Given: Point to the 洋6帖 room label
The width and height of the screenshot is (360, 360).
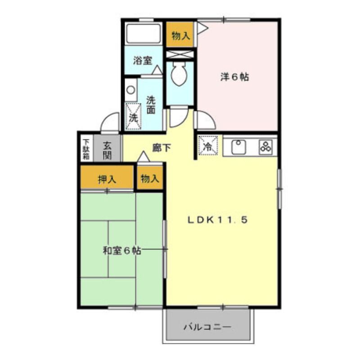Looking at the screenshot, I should [234, 77].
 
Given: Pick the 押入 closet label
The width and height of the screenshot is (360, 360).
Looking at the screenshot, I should [107, 179].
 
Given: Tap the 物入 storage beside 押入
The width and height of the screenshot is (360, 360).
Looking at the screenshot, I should [150, 179].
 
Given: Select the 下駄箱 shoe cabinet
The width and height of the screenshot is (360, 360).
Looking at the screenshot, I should [86, 149].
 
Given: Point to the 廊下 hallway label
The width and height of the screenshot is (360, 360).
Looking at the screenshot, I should [161, 147].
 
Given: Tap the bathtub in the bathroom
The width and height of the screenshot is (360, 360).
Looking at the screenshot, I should [144, 33].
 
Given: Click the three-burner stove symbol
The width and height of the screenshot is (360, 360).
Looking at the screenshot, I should [264, 146].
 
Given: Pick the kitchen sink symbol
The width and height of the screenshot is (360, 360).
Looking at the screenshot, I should [238, 146].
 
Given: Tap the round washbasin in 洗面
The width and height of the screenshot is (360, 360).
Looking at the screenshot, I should [130, 90].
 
